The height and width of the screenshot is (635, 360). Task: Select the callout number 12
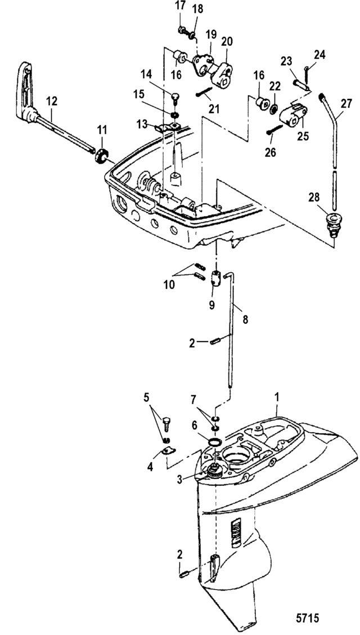point(52,101)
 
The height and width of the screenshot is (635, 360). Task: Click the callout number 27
point(346,103)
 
